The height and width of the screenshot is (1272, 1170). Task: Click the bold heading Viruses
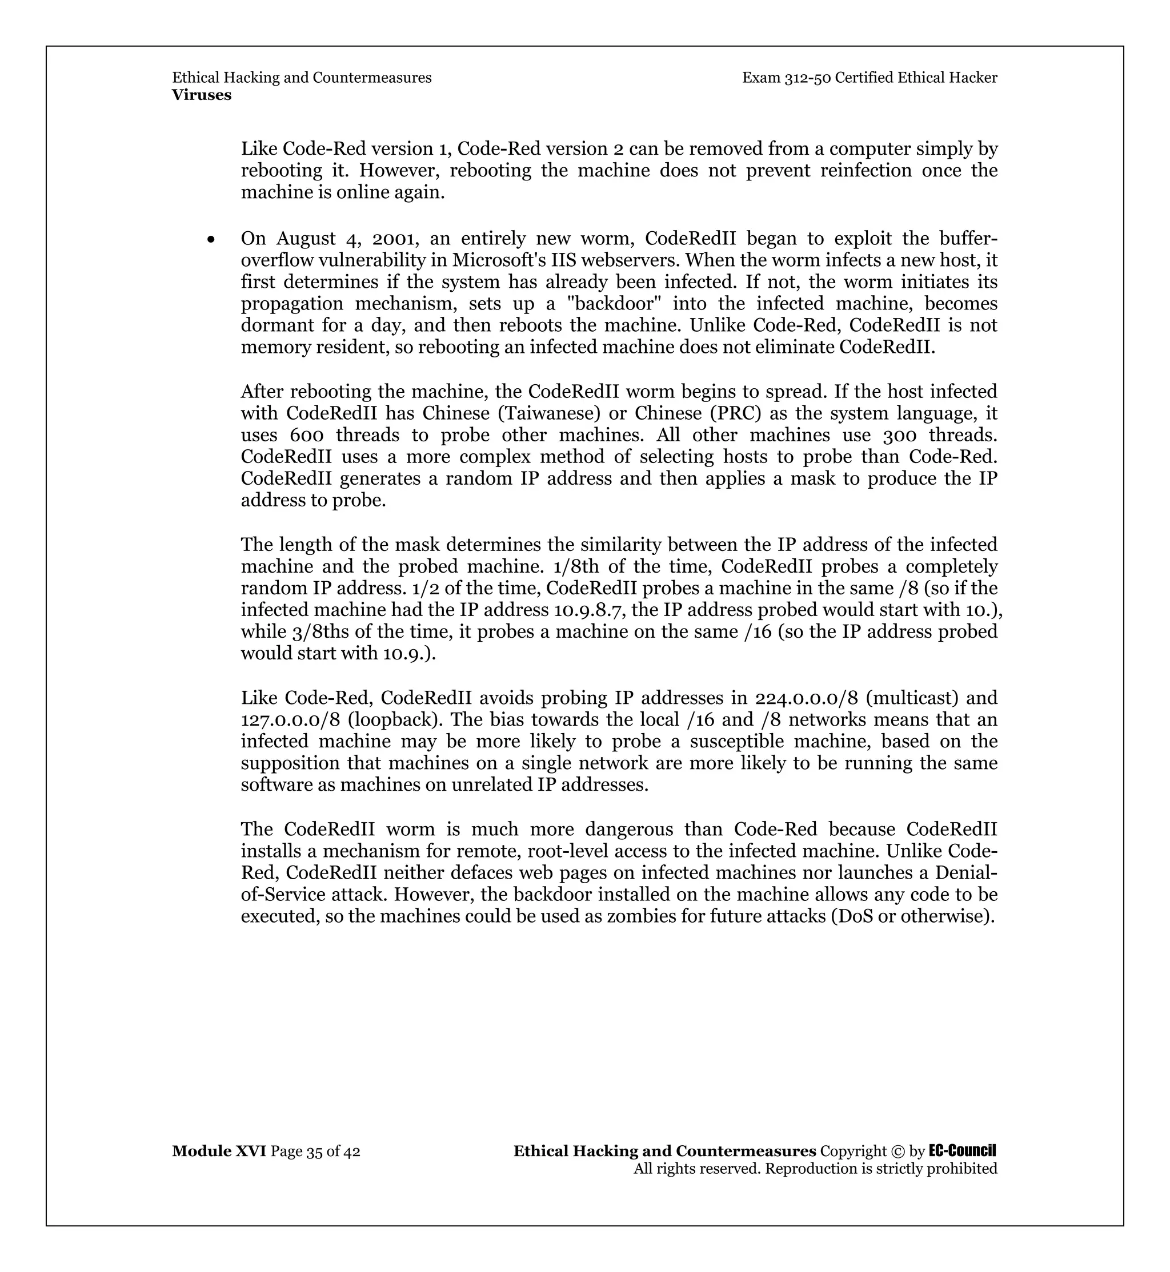[201, 95]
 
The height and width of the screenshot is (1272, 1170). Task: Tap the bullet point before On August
[211, 240]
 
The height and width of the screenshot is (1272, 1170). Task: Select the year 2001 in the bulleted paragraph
[394, 239]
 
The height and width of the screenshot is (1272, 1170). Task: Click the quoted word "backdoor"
[610, 304]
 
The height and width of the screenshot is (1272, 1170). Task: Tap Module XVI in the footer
[218, 1151]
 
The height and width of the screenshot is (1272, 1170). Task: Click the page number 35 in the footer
[314, 1152]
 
